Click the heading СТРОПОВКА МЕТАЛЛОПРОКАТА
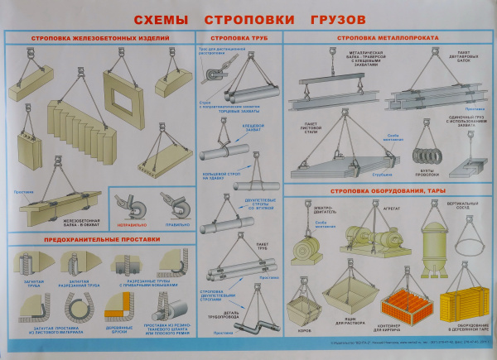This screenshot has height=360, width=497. coord(386,38)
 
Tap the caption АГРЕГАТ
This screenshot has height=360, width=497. coord(369,209)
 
